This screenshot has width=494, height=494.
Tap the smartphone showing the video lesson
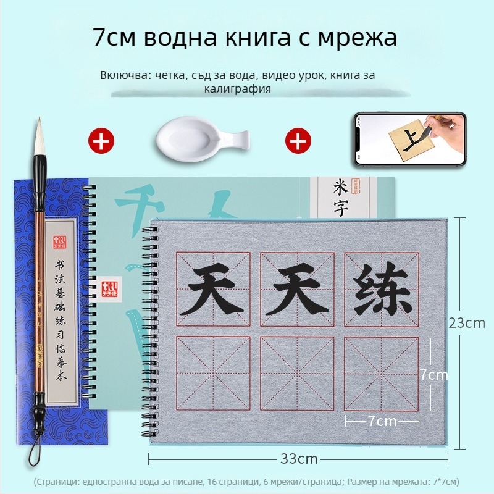tap(409, 138)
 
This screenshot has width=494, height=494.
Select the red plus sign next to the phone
tap(298, 141)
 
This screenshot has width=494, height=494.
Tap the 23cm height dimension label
tap(467, 323)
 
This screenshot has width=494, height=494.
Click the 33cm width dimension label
tap(299, 458)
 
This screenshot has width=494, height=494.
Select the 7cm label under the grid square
tap(382, 421)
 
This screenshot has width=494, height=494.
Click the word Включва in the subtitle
tap(124, 75)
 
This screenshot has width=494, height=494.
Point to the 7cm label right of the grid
tap(433, 374)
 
